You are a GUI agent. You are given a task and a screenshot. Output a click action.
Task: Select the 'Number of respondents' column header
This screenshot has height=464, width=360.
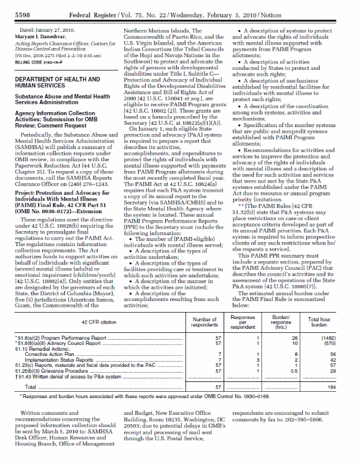204,322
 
